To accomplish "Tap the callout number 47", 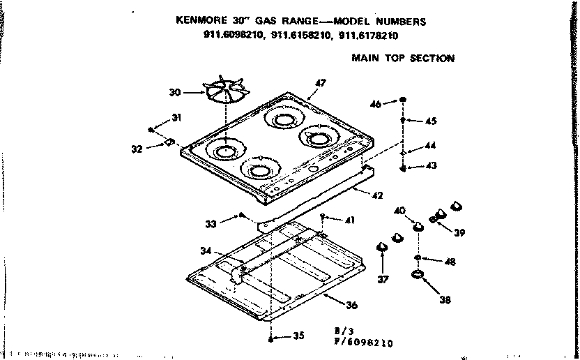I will [x=320, y=83].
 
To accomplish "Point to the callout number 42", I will [x=377, y=195].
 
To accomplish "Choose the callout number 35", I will [x=298, y=336].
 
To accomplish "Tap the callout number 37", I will [x=383, y=280].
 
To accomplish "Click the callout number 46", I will [x=376, y=104].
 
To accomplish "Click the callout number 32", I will [x=137, y=148].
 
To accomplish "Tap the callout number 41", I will [x=349, y=220].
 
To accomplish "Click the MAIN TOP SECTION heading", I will [x=402, y=59].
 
